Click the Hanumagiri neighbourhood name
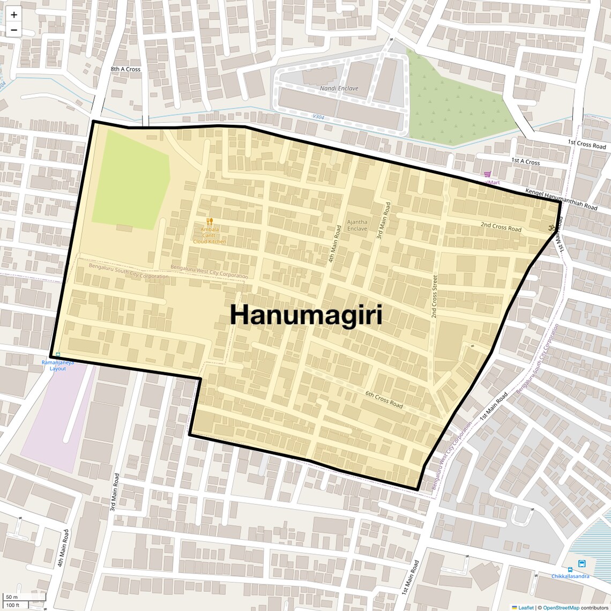point(306,315)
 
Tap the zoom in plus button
point(14,15)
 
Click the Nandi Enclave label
point(339,88)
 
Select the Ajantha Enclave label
point(357,225)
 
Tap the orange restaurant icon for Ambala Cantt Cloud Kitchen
point(210,221)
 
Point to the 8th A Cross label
point(125,69)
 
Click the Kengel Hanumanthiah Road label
point(561,199)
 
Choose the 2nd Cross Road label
point(501,227)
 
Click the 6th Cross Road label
point(384,399)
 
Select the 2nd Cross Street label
point(435,296)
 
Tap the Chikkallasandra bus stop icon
point(582,564)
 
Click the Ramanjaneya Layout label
point(58,366)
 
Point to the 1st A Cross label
point(525,161)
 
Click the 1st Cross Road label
point(587,145)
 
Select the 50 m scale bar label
point(12,597)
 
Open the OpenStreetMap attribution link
point(561,608)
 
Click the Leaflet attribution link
point(525,608)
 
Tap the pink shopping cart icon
point(487,174)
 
